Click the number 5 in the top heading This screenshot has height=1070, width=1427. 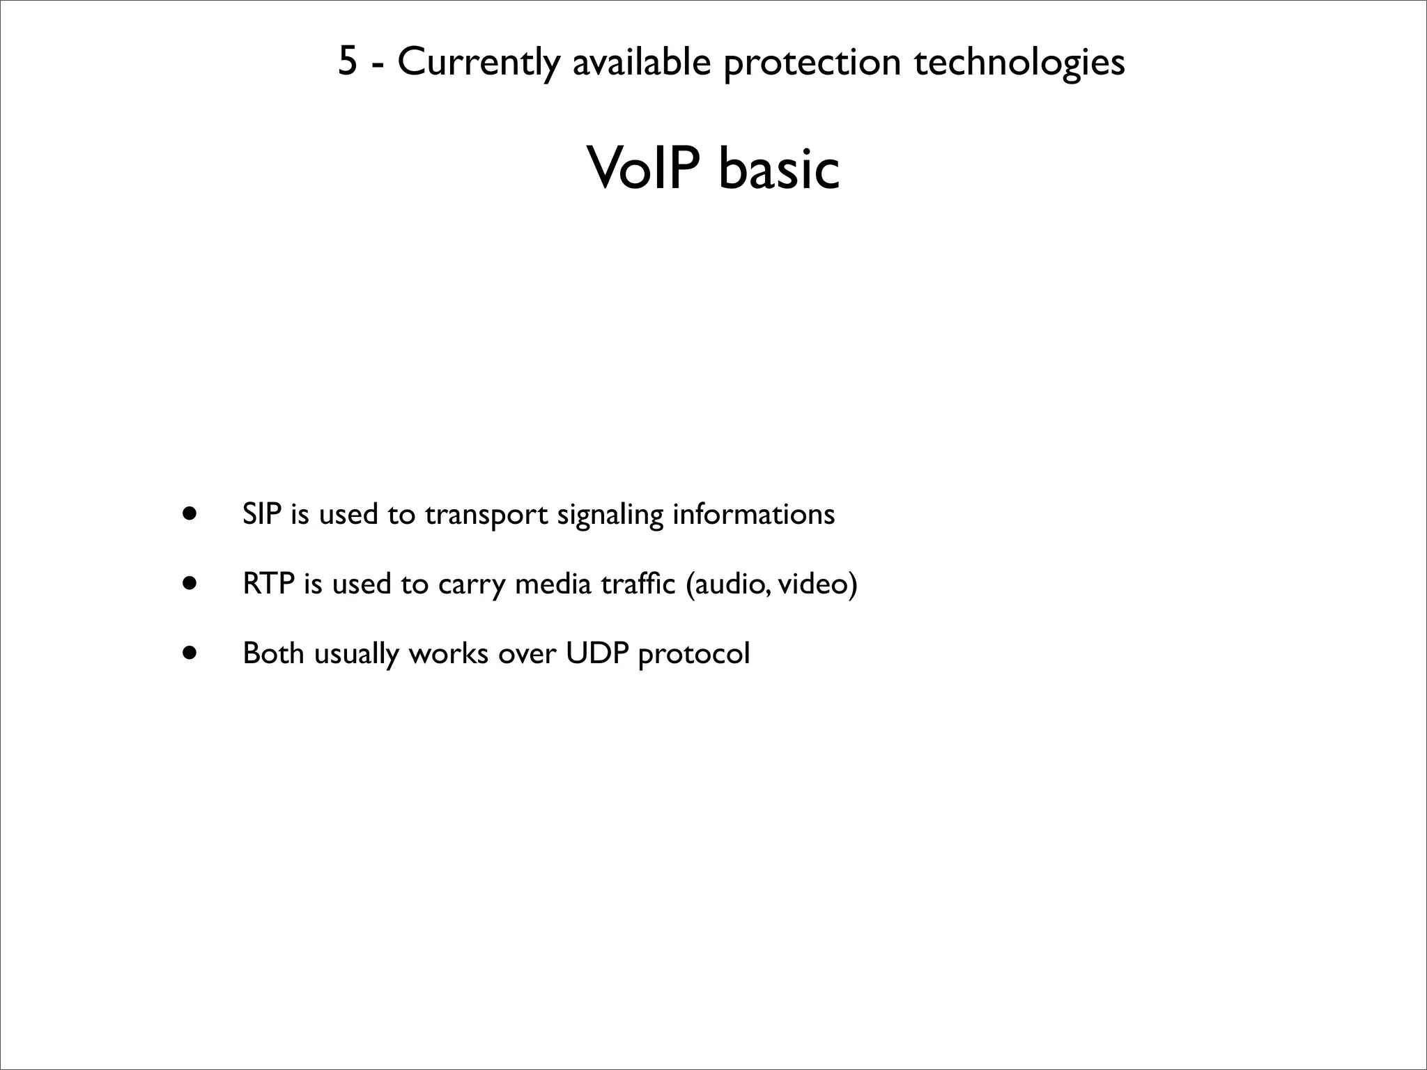tap(348, 61)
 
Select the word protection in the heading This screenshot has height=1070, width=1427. tap(812, 63)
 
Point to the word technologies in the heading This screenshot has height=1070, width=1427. tap(1019, 63)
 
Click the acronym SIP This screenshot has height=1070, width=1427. tap(261, 514)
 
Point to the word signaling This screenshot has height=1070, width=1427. tap(610, 515)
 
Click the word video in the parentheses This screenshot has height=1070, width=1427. tap(812, 584)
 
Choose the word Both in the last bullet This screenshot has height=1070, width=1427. tap(273, 653)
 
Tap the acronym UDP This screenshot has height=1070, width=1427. tap(597, 653)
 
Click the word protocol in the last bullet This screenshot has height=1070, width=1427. tap(694, 655)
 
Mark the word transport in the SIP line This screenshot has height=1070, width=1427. tap(486, 515)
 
